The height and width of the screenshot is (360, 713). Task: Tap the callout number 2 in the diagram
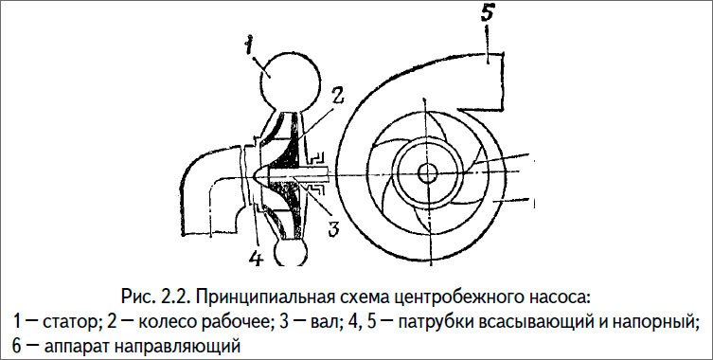click(x=337, y=94)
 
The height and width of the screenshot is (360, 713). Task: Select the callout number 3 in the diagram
click(x=332, y=228)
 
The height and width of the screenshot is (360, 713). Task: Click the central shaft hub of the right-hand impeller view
click(x=426, y=171)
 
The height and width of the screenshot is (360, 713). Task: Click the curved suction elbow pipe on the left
click(x=203, y=200)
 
